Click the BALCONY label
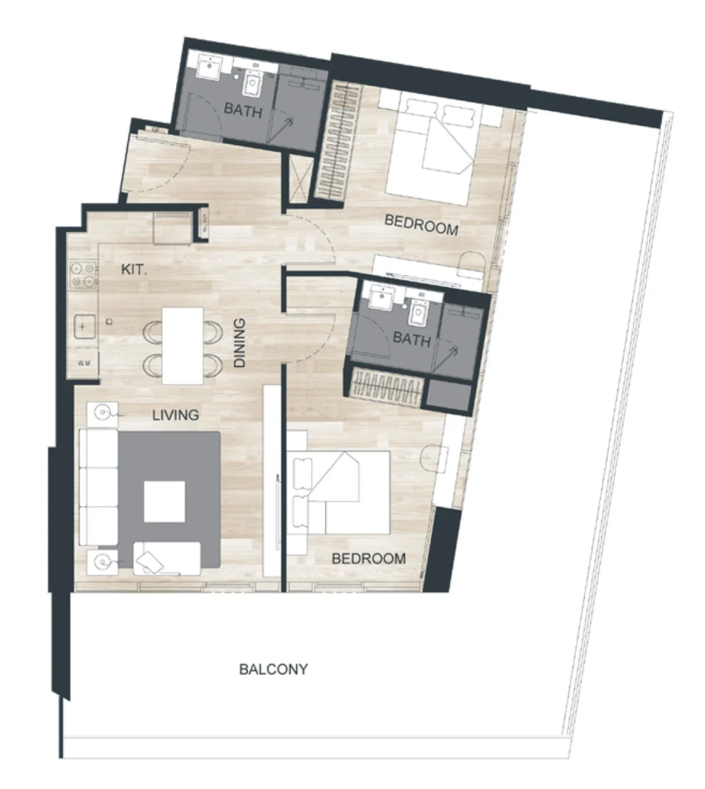[x=273, y=669]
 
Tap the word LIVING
[x=175, y=415]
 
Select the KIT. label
[x=135, y=270]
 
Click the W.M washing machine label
[x=83, y=361]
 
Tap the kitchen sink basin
[x=82, y=328]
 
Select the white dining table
[x=182, y=345]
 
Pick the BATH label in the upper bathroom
[x=243, y=111]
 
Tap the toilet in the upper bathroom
[x=252, y=82]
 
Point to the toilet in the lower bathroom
[x=420, y=313]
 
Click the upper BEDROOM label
[x=421, y=225]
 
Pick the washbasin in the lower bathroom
[x=380, y=297]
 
